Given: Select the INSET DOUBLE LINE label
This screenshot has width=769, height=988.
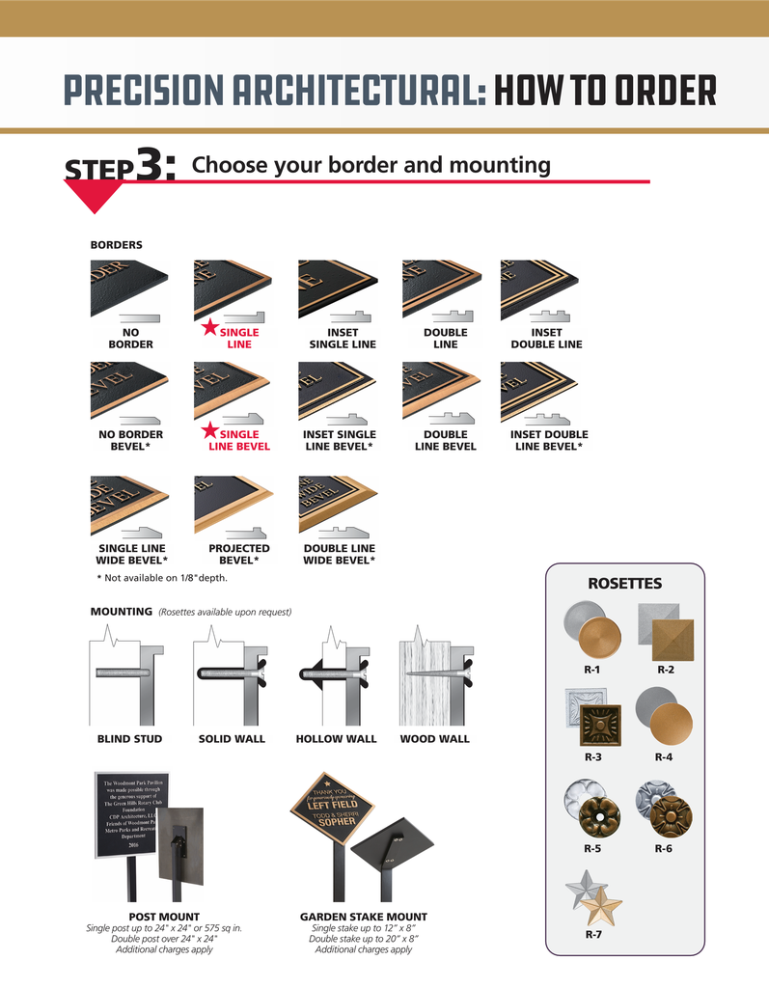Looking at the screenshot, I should click(546, 339).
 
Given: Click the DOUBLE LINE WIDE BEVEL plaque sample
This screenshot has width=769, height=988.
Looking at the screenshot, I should click(338, 501).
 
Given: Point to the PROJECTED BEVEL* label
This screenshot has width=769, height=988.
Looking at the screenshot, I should click(238, 554).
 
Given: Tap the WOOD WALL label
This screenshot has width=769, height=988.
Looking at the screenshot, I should click(434, 739).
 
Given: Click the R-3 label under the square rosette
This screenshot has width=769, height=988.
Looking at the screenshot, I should click(592, 757).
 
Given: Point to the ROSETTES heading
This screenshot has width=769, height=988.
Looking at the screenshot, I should click(624, 584).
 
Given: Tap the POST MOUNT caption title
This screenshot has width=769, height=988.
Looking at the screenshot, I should click(164, 917).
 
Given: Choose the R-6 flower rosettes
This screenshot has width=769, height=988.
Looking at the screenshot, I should click(664, 810).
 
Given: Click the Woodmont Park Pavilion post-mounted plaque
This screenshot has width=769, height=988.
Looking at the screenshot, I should click(130, 812).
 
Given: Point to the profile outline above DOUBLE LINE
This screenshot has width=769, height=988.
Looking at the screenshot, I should click(445, 316).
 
